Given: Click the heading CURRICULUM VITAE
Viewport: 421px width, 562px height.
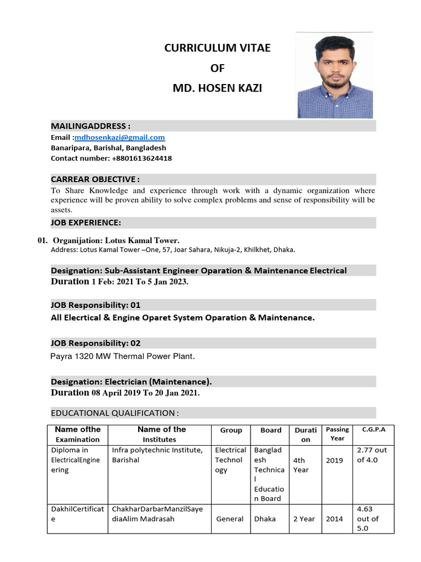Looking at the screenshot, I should tap(218, 48).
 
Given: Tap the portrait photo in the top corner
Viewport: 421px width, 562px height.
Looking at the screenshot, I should tap(334, 75).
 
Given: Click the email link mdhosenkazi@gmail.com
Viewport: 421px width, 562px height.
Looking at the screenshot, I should tap(120, 137).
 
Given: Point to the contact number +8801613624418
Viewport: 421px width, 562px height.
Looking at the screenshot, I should tap(141, 158).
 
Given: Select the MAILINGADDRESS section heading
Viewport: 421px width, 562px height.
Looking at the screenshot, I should tap(90, 126).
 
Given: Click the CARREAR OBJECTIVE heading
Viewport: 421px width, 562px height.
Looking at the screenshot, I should tap(95, 179).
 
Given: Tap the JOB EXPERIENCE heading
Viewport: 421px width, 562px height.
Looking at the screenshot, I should tap(86, 222).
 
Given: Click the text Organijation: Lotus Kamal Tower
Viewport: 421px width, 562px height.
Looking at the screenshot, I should tap(116, 240).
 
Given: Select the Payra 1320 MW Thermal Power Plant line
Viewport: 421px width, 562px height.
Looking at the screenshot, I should tap(122, 356).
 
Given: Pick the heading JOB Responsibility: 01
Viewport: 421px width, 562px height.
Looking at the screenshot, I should tap(95, 305).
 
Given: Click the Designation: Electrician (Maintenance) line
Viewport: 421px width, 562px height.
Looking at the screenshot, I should tap(131, 381).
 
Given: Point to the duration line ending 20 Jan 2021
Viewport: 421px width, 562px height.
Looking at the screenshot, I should tap(125, 393).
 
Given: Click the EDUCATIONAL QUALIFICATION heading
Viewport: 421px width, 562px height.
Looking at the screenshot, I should tap(115, 413).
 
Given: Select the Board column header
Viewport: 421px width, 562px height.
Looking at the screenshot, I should tap(271, 430).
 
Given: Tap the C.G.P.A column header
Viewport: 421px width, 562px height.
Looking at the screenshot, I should tap(374, 430).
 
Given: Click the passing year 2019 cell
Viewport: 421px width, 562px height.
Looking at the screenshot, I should tap(334, 460).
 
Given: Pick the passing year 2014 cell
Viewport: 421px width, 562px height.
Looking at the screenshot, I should tap(334, 519).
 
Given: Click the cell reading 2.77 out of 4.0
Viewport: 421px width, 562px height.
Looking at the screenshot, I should tap(372, 454).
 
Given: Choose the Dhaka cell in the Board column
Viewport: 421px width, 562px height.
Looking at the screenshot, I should tap(265, 519).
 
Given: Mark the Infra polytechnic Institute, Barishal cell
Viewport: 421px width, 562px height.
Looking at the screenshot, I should tap(157, 454).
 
